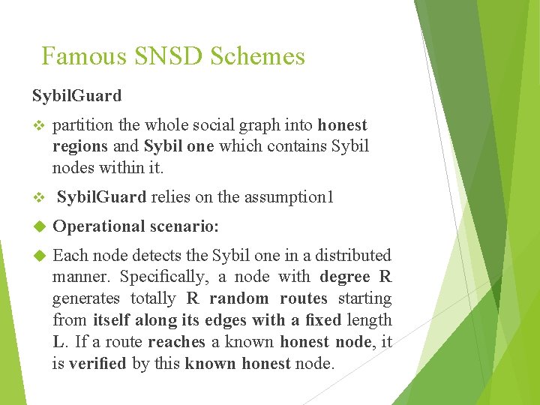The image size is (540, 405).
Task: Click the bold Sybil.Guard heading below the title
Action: tap(76, 95)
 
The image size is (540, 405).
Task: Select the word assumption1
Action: tap(295, 197)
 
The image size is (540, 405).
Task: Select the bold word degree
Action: tap(345, 277)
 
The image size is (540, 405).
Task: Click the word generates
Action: tap(86, 298)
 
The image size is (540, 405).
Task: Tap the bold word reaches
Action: tap(176, 342)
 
